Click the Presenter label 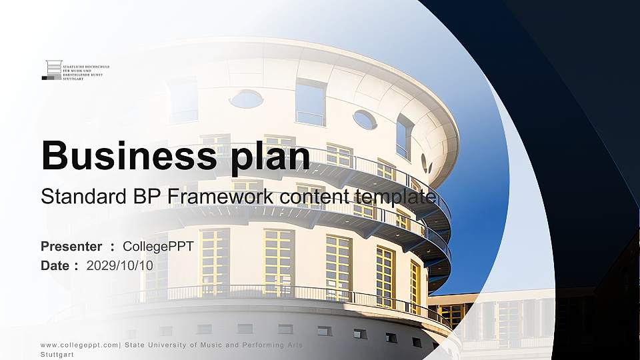(x=71, y=247)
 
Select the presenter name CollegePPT (x=158, y=247)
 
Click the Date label (x=55, y=265)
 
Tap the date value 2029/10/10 (x=120, y=265)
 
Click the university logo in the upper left (x=75, y=70)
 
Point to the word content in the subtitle (x=315, y=197)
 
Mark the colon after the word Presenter (x=113, y=247)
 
